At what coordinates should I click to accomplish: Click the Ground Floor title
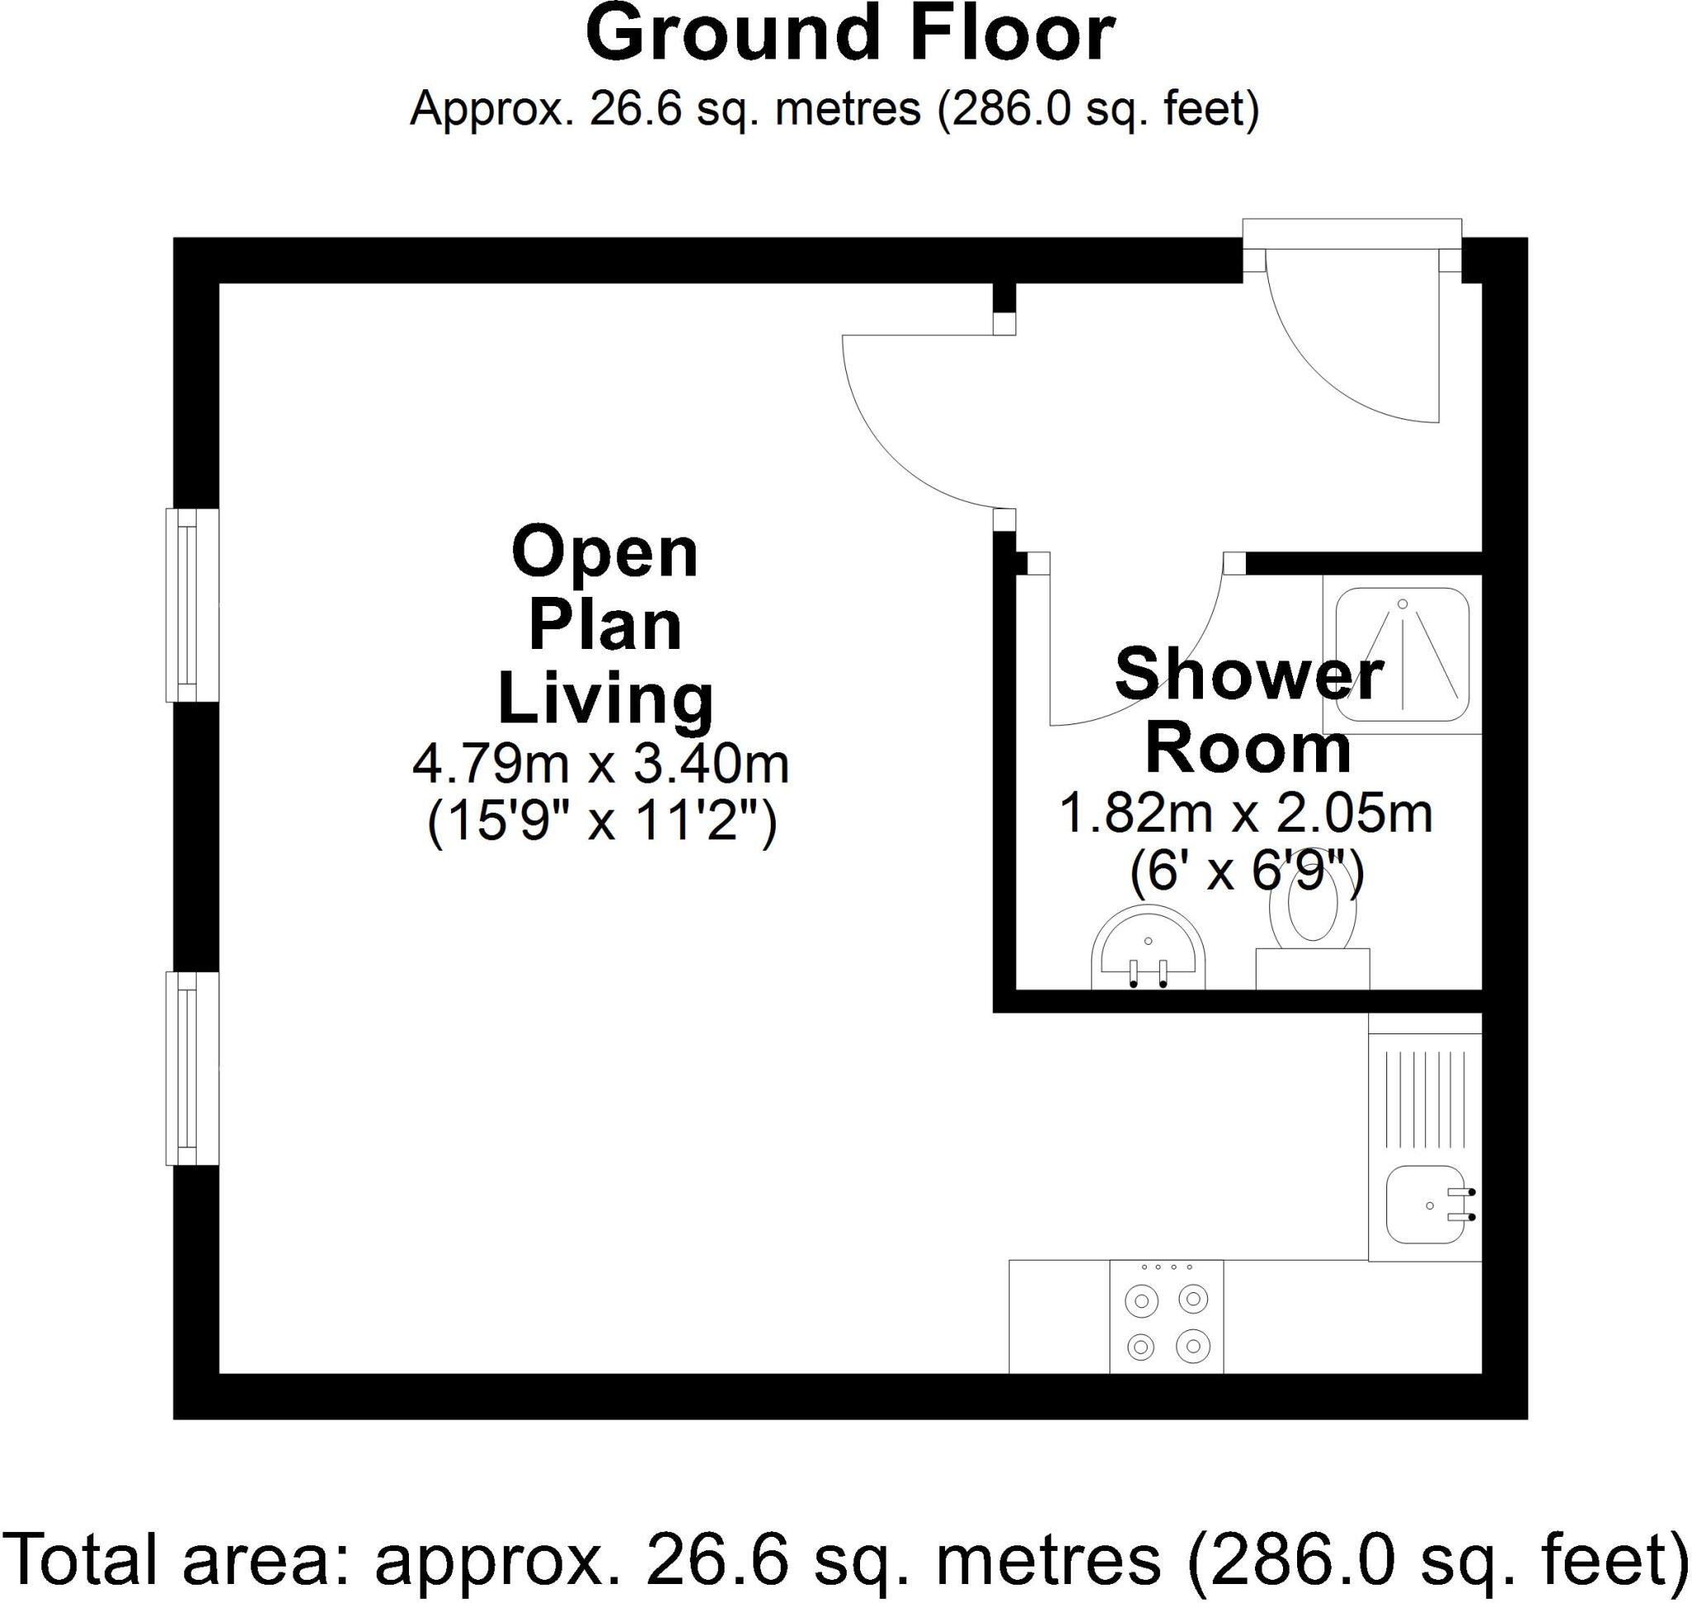point(850,36)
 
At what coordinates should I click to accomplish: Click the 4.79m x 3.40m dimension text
point(601,764)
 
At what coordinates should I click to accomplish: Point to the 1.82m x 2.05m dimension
point(1246,813)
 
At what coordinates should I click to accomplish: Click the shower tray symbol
point(1402,655)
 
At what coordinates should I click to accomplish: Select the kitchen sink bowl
point(1423,1205)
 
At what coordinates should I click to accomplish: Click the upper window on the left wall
point(192,605)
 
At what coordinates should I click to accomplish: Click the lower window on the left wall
point(192,1068)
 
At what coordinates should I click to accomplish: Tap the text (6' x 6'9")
point(1246,872)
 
